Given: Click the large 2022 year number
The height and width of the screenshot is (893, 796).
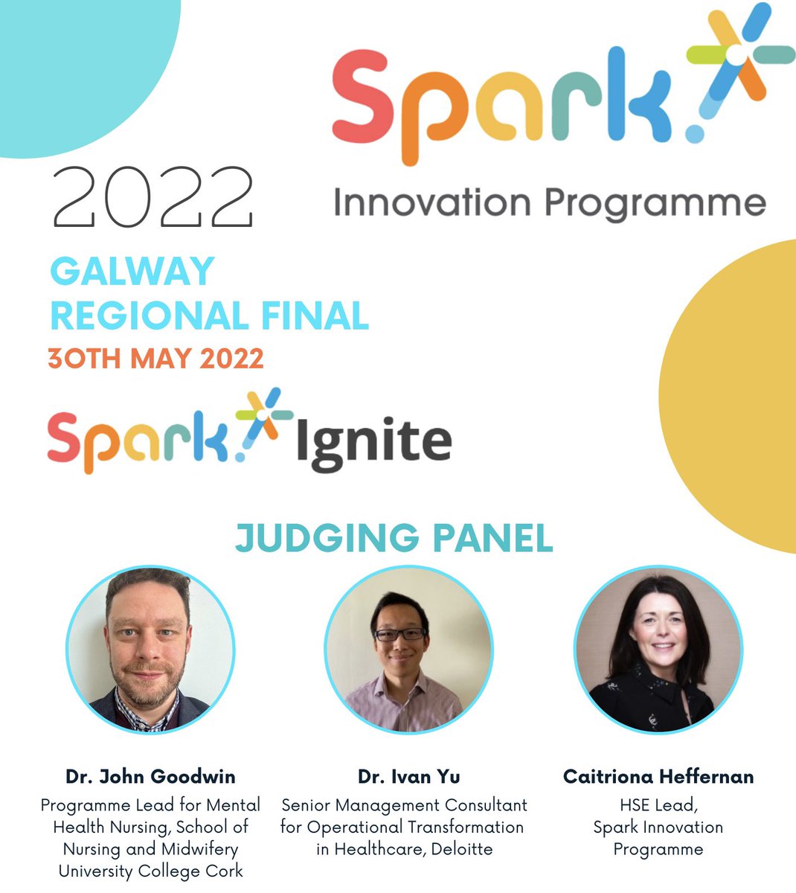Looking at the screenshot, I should [x=153, y=197].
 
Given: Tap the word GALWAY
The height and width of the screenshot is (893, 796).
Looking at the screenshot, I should [x=132, y=272].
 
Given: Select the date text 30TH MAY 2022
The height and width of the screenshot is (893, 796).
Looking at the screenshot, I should [x=155, y=359].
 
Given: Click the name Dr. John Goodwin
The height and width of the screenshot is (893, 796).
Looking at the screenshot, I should [x=150, y=777].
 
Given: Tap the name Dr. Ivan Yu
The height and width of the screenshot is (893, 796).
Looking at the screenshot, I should [x=408, y=777].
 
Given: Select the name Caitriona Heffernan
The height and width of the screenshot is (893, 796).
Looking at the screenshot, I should [x=658, y=777].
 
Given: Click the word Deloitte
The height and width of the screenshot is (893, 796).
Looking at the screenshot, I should [x=456, y=849].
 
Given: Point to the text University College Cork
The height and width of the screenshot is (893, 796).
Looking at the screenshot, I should [x=150, y=871].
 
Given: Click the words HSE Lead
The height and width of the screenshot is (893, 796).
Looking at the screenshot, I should [x=658, y=805].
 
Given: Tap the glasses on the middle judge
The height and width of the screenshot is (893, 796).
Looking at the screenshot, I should [x=400, y=635].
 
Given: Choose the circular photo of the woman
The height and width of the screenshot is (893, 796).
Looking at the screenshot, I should [x=658, y=649].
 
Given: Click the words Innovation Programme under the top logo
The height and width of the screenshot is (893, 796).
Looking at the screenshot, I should [x=549, y=203].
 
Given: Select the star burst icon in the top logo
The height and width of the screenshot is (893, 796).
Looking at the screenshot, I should [x=736, y=56].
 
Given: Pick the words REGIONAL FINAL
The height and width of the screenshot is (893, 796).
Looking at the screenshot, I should [x=209, y=316].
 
